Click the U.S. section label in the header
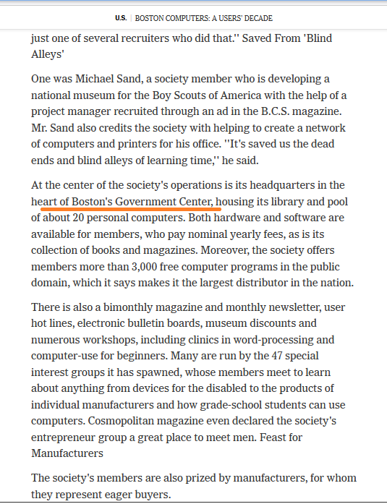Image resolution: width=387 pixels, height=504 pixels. click(120, 17)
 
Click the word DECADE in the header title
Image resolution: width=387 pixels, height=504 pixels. click(256, 17)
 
